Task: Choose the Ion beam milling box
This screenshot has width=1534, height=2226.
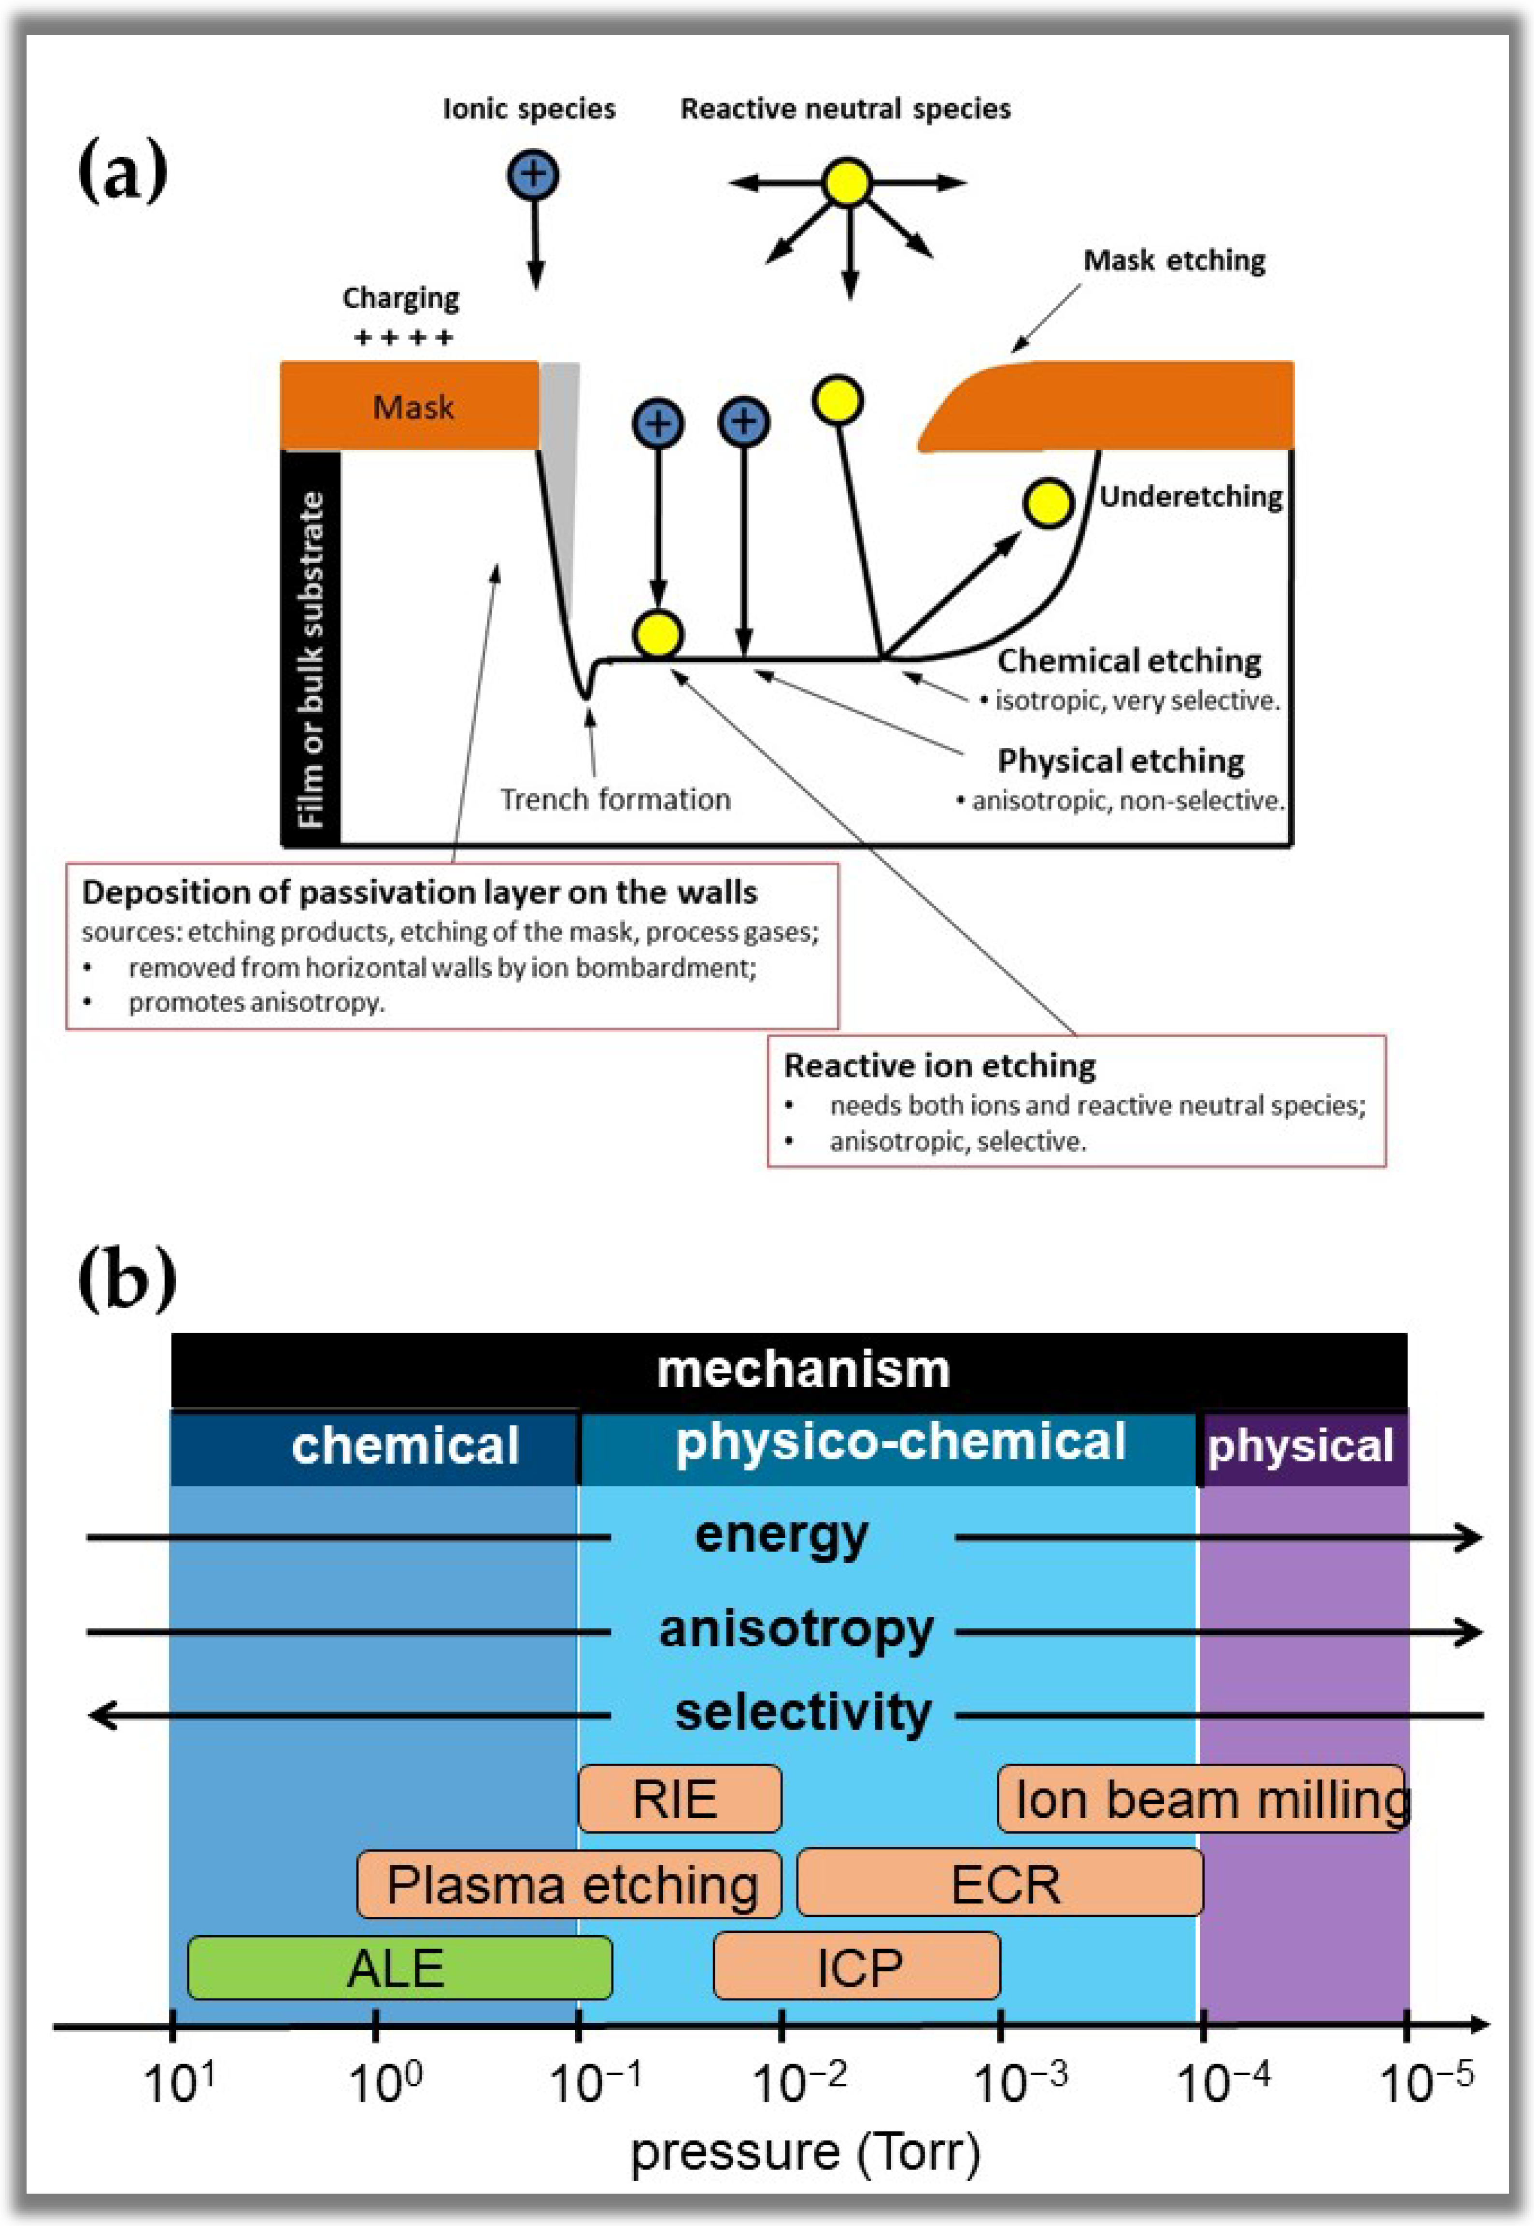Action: [1201, 1798]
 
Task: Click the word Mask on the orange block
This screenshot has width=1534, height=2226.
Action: [413, 408]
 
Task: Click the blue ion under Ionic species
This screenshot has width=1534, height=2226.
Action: [532, 175]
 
